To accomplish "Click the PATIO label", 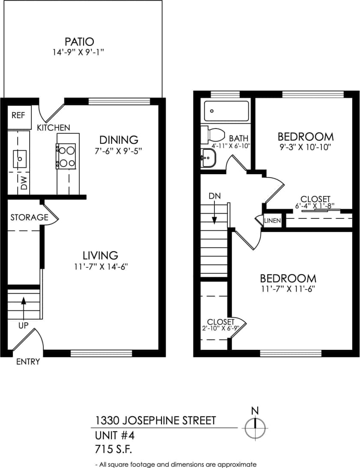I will tap(79, 42).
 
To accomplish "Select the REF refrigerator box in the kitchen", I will tap(18, 116).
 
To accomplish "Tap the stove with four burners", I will tap(66, 156).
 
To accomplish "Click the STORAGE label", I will tap(29, 217).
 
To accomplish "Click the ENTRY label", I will tap(28, 362).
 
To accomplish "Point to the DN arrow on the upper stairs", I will tap(214, 213).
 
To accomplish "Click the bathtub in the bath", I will tap(226, 111).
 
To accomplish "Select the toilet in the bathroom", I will tap(214, 135).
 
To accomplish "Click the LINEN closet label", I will tap(272, 221).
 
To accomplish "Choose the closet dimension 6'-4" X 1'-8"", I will tap(315, 206).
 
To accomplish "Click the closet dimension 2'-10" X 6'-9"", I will tap(220, 328).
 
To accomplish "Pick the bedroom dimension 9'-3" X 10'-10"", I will tap(306, 147).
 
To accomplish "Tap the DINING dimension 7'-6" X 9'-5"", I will tap(119, 151).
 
